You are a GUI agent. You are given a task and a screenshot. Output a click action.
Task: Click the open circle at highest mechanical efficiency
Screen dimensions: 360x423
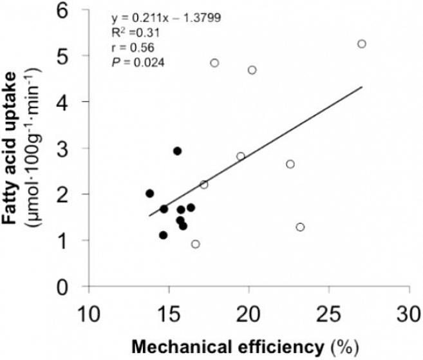point(362,44)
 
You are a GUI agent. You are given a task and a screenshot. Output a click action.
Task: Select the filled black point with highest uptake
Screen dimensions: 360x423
point(177,151)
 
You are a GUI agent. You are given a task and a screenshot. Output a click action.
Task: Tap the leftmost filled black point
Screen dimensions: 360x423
point(149,193)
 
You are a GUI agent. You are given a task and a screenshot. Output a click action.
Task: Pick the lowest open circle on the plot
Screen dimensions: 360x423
point(196,243)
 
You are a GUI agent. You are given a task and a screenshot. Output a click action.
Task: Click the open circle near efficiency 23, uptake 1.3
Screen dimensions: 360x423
point(300,227)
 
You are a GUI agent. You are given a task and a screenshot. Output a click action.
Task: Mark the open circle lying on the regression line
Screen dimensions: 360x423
point(204,185)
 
